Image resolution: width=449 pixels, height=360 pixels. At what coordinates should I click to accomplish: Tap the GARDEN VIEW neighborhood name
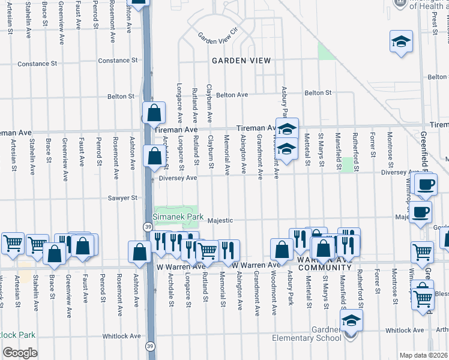pyautogui.click(x=241, y=61)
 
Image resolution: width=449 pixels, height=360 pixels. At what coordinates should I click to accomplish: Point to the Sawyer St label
pyautogui.click(x=123, y=197)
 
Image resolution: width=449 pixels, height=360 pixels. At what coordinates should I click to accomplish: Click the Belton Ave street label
pyautogui.click(x=232, y=95)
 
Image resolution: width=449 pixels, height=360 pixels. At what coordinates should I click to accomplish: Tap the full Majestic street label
pyautogui.click(x=220, y=220)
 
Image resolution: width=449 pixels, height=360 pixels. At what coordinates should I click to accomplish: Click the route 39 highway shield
pyautogui.click(x=147, y=226)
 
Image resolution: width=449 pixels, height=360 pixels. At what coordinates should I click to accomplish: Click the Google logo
pyautogui.click(x=20, y=353)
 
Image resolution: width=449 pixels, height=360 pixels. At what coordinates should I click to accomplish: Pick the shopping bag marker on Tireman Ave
pyautogui.click(x=154, y=112)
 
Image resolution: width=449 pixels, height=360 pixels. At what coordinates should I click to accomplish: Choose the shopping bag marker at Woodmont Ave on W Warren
pyautogui.click(x=282, y=249)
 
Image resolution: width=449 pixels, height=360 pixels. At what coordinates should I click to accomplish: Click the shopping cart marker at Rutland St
pyautogui.click(x=207, y=250)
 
